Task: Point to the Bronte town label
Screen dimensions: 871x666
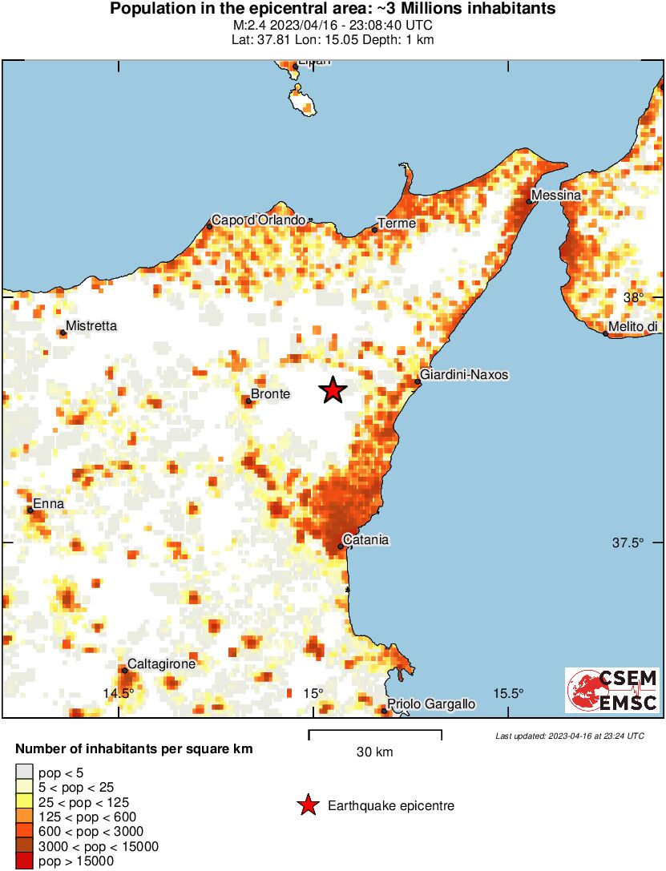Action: (x=270, y=393)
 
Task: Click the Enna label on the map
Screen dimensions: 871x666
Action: (x=48, y=504)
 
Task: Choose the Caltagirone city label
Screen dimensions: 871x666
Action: (x=161, y=663)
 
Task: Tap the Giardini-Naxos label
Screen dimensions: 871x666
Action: (x=464, y=374)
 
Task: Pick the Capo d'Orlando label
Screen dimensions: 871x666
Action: (x=258, y=220)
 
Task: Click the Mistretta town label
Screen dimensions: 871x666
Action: (x=91, y=326)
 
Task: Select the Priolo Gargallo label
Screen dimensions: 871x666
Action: (x=431, y=704)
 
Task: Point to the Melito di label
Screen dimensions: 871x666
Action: (x=633, y=326)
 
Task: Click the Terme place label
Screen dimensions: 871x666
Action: (x=397, y=224)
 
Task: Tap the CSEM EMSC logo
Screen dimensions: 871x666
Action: (x=612, y=690)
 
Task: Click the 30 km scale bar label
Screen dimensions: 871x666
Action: (x=374, y=752)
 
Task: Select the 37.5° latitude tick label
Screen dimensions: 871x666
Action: (x=628, y=542)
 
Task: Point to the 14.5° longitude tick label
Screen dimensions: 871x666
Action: (x=118, y=693)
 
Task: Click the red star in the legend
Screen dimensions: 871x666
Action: (x=307, y=805)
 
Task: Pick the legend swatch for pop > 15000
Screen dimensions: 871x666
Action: (x=24, y=861)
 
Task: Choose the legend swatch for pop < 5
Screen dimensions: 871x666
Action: (x=24, y=773)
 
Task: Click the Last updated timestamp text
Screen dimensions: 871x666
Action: (x=569, y=736)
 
